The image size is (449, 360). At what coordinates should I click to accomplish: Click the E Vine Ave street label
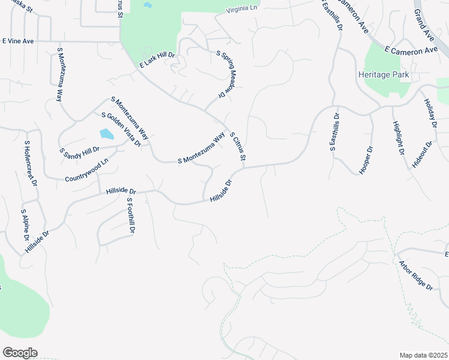(x=19, y=41)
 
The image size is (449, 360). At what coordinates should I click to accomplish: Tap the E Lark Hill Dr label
(x=157, y=60)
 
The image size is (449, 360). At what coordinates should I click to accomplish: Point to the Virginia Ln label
(x=241, y=9)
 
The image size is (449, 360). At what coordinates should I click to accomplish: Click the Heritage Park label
(x=383, y=75)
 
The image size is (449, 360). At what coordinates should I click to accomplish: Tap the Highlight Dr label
(x=398, y=137)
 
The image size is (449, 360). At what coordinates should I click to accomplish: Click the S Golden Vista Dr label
(x=121, y=130)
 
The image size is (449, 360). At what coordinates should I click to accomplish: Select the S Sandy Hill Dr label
(x=79, y=152)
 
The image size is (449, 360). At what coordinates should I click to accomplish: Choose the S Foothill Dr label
(x=130, y=215)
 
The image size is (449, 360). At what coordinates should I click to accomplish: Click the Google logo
(x=20, y=353)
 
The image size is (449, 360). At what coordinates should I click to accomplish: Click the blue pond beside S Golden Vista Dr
(x=106, y=134)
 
